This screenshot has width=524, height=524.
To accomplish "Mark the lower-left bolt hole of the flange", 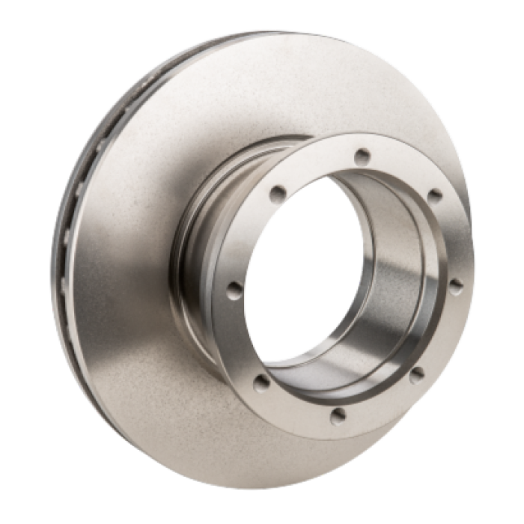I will (262, 383).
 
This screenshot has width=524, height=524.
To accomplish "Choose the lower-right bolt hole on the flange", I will (416, 372).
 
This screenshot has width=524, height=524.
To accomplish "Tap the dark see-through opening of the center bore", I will (299, 284).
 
